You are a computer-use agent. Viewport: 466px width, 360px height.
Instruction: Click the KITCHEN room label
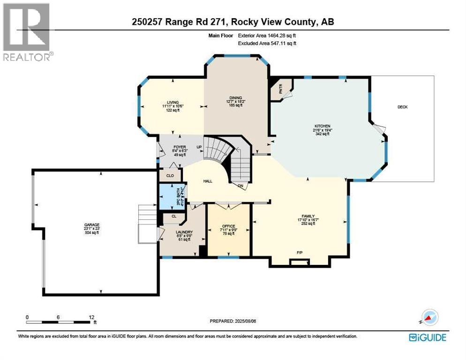[323, 126]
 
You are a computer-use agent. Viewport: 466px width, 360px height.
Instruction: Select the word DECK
[402, 107]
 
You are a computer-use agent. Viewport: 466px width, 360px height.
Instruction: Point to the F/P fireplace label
[300, 253]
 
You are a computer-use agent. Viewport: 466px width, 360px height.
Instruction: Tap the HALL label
[208, 180]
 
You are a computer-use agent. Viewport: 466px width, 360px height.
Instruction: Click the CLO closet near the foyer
[170, 176]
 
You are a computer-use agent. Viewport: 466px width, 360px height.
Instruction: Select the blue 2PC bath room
[172, 197]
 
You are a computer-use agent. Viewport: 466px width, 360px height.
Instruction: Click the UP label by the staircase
[199, 147]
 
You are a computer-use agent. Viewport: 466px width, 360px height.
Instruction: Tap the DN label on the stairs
[241, 185]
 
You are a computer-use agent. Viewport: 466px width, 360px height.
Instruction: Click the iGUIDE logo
[427, 337]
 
